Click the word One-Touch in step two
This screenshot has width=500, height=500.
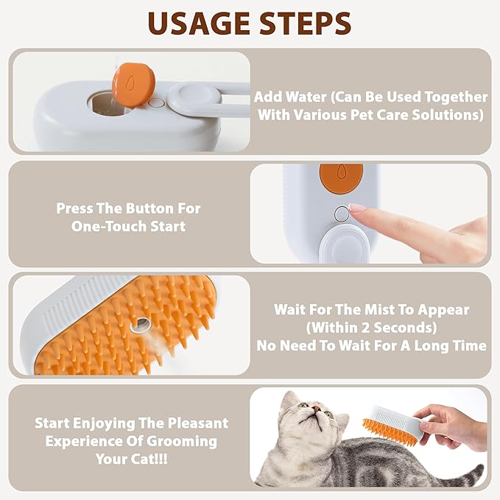[x=109, y=227]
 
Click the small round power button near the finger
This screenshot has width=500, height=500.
[x=340, y=214]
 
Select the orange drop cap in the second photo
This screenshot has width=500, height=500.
[x=340, y=177]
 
